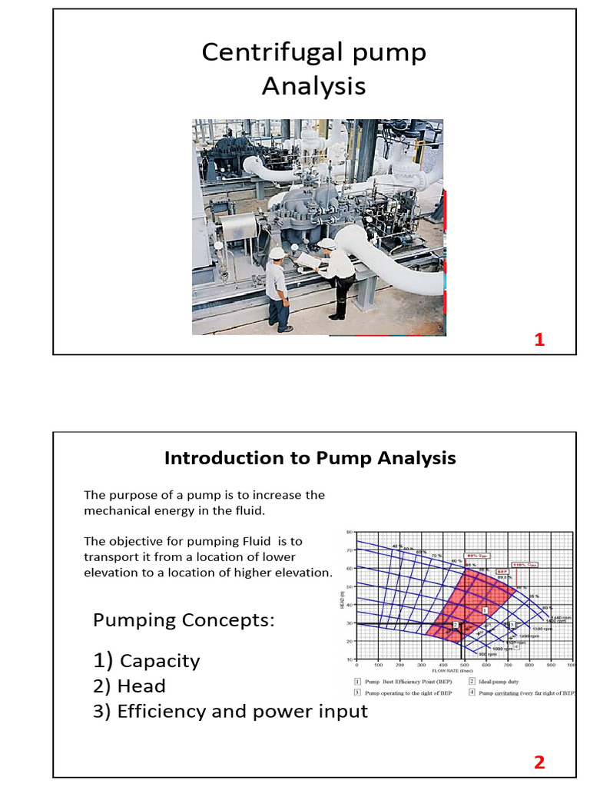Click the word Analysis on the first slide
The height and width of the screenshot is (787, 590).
click(313, 86)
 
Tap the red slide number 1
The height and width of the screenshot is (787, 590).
click(539, 340)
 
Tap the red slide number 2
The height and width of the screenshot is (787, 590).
click(539, 762)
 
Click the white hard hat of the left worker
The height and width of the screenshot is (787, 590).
click(276, 253)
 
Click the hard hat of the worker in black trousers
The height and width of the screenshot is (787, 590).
click(327, 244)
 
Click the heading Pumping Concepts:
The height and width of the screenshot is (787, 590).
click(184, 620)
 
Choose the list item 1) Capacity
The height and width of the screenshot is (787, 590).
click(147, 661)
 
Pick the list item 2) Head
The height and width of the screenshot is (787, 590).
click(130, 686)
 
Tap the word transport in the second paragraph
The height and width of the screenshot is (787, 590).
click(113, 557)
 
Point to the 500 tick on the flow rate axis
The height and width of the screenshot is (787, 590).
click(464, 665)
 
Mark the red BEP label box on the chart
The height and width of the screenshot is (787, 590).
click(502, 572)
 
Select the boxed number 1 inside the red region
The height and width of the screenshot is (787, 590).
click(486, 609)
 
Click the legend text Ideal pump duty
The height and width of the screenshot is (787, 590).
click(504, 681)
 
